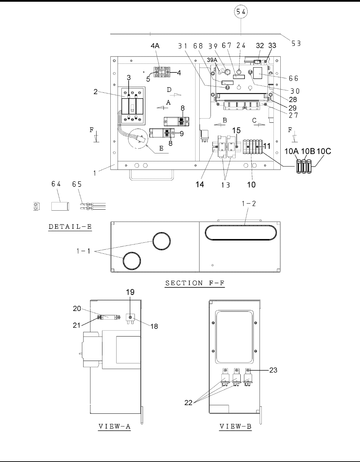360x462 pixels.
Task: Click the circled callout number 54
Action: [x=241, y=11]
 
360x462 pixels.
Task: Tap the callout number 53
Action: [x=296, y=43]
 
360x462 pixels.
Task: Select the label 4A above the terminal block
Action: [x=155, y=46]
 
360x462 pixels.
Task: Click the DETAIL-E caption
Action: [x=70, y=227]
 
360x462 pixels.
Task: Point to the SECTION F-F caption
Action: [x=195, y=283]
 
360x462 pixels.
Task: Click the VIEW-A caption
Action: [x=114, y=426]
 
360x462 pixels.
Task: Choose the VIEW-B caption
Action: [x=236, y=426]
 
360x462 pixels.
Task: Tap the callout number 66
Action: [x=293, y=79]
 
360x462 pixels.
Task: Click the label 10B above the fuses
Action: [x=308, y=151]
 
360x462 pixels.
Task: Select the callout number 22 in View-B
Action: [x=188, y=403]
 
